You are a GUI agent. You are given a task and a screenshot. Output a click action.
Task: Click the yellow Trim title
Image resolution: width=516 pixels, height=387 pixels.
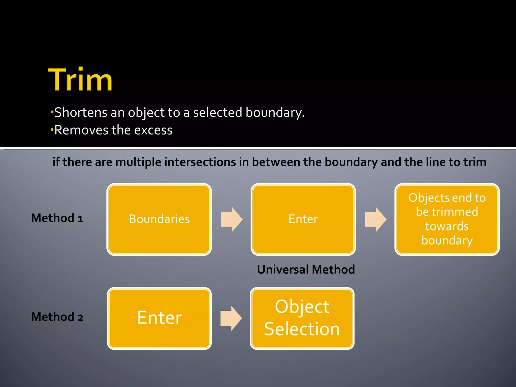(80, 79)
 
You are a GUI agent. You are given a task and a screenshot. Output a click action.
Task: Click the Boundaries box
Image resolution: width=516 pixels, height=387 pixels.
(159, 219)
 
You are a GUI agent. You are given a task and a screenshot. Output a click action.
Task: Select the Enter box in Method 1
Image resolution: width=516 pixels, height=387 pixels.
(303, 219)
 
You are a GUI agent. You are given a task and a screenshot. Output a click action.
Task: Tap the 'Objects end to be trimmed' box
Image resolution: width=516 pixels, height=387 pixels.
(447, 219)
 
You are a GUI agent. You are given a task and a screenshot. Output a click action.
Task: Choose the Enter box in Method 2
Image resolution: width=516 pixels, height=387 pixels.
(159, 318)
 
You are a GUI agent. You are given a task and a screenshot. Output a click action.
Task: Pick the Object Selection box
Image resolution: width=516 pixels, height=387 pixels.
(302, 318)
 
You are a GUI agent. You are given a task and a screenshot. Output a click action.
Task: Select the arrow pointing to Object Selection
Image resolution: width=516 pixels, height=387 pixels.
(231, 318)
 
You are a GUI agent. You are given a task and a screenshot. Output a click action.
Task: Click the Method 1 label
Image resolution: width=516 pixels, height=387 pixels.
(57, 218)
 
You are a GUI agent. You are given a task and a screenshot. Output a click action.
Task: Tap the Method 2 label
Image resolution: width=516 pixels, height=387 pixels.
(57, 317)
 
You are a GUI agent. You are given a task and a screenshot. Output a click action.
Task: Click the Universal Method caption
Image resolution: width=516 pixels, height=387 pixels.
(306, 270)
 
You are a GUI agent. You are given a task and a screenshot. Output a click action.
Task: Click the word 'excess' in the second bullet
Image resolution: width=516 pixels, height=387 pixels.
(153, 130)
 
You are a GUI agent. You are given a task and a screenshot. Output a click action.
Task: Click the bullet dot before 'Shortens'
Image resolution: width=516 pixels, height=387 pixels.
(52, 112)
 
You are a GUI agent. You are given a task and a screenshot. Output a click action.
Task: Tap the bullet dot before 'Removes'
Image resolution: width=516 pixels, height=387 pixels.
(52, 130)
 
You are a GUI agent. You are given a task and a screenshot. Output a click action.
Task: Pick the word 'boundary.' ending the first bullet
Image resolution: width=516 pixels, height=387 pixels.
(275, 112)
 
